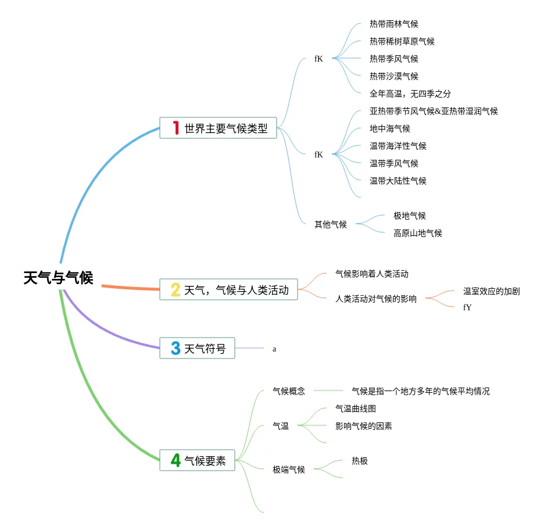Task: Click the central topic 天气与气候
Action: click(x=58, y=278)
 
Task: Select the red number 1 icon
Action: click(x=176, y=128)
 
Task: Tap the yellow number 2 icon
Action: click(x=176, y=289)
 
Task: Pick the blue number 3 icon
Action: click(x=176, y=349)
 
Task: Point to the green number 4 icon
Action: click(x=176, y=461)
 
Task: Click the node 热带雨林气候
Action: click(x=393, y=24)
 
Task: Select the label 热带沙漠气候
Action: click(x=393, y=76)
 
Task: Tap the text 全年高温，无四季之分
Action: click(x=410, y=94)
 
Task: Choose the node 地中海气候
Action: click(x=389, y=128)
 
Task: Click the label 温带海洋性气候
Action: click(x=398, y=146)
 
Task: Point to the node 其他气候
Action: click(x=331, y=224)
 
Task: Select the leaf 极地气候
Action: click(x=409, y=216)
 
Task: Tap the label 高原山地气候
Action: click(x=417, y=233)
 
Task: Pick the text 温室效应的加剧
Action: click(x=491, y=291)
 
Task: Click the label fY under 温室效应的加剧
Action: click(x=467, y=307)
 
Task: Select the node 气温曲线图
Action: click(x=355, y=408)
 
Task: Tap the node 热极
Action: click(x=359, y=461)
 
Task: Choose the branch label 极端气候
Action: click(x=289, y=469)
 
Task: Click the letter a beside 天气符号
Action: click(x=274, y=349)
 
